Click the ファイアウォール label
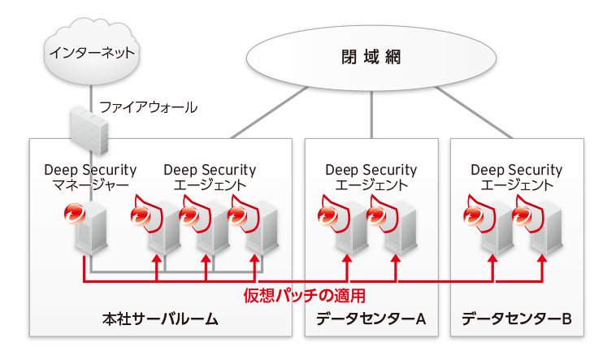pyautogui.click(x=148, y=107)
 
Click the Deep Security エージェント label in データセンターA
pyautogui.click(x=371, y=177)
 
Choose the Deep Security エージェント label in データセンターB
pyautogui.click(x=516, y=177)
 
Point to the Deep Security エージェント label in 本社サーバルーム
pyautogui.click(x=210, y=177)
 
